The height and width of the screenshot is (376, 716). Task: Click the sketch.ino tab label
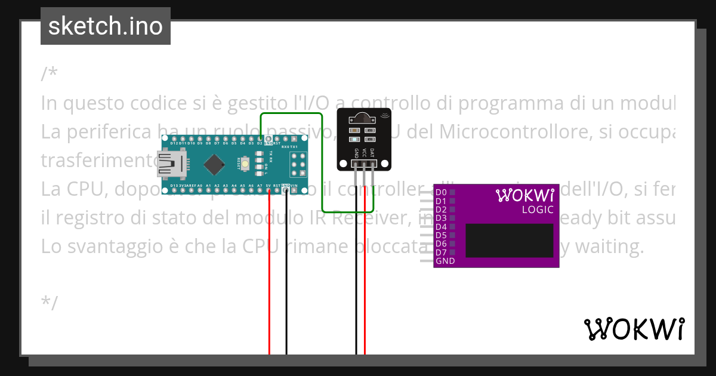pyautogui.click(x=106, y=26)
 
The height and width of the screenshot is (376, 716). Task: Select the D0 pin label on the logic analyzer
pyautogui.click(x=441, y=192)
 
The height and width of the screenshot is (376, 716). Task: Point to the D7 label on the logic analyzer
pyautogui.click(x=441, y=252)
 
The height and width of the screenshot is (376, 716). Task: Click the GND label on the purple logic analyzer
pyautogui.click(x=445, y=261)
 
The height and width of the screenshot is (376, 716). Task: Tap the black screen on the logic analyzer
pyautogui.click(x=509, y=241)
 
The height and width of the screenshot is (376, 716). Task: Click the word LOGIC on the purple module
pyautogui.click(x=538, y=209)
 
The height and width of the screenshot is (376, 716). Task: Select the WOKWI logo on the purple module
pyautogui.click(x=525, y=195)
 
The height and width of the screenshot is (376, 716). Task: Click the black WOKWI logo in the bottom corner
pyautogui.click(x=634, y=329)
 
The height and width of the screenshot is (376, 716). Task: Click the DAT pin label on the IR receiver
pyautogui.click(x=372, y=153)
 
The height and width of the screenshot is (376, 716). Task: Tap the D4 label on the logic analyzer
pyautogui.click(x=441, y=227)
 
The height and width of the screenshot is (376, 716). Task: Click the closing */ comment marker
pyautogui.click(x=50, y=303)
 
